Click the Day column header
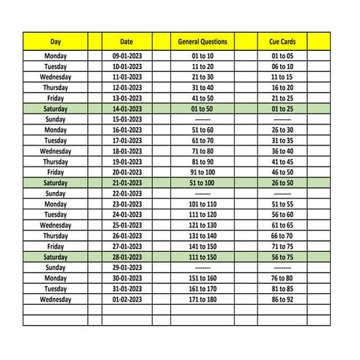55,41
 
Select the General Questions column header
203,41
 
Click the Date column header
127,41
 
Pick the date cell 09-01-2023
127,55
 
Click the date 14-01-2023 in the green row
127,108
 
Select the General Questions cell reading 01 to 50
203,108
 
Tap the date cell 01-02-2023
127,299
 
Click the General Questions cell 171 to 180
203,299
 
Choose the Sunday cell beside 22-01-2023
55,193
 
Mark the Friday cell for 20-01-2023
55,172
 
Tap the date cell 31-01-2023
127,289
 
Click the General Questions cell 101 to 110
203,204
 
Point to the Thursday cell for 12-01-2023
55,87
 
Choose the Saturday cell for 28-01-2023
55,257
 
